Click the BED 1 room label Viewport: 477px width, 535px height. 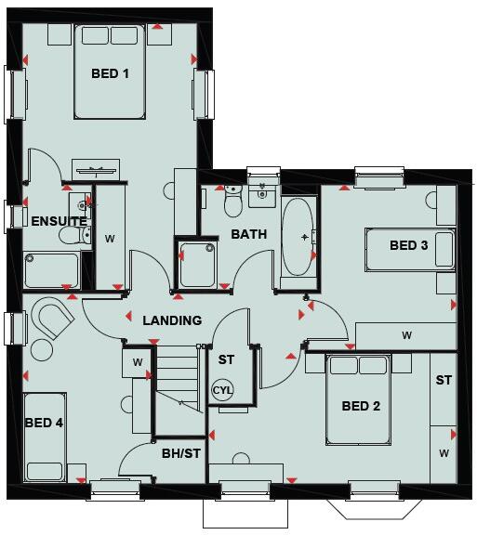[x=110, y=73]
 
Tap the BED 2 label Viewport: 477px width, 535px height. [x=361, y=406]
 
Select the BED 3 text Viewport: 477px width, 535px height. [x=409, y=246]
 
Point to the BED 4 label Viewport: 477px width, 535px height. [x=45, y=423]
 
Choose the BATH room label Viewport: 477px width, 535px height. [x=249, y=234]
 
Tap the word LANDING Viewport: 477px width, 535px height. [x=172, y=320]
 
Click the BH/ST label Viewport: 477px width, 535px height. [x=180, y=453]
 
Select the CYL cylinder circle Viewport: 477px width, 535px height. [x=223, y=391]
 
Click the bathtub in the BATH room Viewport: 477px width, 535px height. [x=299, y=236]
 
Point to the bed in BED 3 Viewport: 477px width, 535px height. [x=409, y=249]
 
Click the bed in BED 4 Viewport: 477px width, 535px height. [x=45, y=437]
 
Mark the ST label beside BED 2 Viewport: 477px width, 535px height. [x=444, y=381]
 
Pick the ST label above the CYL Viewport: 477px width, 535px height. [x=226, y=359]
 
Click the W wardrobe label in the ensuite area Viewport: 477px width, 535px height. [x=110, y=239]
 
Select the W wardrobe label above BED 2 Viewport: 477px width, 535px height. [x=406, y=334]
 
